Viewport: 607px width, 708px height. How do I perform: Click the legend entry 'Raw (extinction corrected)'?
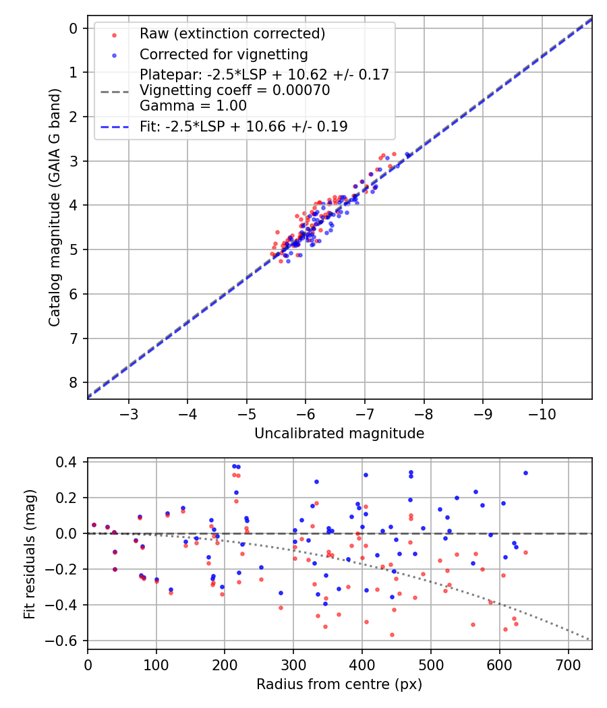tap(232, 34)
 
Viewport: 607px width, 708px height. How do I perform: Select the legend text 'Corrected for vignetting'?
tap(223, 54)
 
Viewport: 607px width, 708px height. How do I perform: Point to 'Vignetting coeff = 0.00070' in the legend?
tap(235, 90)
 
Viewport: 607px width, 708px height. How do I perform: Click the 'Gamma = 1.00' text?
tap(193, 106)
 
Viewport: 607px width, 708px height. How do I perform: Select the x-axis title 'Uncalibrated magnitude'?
tap(339, 434)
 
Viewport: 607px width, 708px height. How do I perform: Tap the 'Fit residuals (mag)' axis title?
tap(29, 554)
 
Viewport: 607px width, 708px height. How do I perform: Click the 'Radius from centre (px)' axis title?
tap(339, 684)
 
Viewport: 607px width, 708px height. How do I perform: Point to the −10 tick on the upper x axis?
tap(542, 413)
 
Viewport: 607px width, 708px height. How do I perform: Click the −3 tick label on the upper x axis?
tap(129, 413)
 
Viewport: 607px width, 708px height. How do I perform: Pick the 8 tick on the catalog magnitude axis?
tap(74, 382)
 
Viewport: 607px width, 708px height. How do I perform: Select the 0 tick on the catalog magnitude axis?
tap(74, 28)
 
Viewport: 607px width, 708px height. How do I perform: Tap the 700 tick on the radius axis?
tap(568, 663)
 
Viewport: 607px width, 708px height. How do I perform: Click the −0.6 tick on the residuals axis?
tap(67, 641)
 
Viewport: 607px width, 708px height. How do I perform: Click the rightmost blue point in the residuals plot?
tap(525, 473)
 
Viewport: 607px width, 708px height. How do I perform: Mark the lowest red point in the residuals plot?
tap(392, 635)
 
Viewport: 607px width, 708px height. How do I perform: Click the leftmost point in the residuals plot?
tap(94, 525)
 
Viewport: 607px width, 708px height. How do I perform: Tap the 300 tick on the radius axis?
tap(293, 663)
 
